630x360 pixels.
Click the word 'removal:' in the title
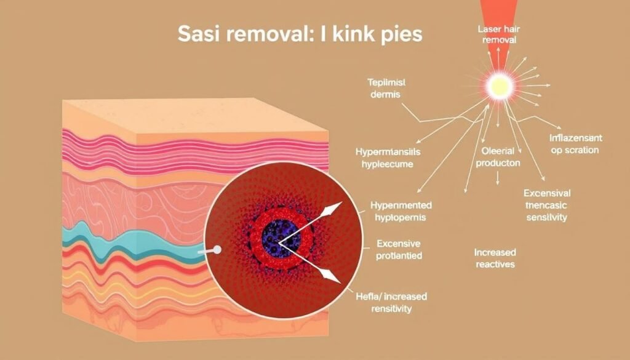tap(265, 34)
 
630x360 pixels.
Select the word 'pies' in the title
tap(401, 34)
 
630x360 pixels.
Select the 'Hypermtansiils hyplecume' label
tap(384, 158)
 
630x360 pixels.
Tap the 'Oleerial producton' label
tap(498, 158)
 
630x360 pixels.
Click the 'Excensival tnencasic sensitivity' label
tap(546, 205)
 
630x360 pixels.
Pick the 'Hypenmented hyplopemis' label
tap(401, 211)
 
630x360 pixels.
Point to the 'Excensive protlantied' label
tap(399, 250)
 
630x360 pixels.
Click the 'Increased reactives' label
tap(495, 258)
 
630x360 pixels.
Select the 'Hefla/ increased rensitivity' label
tap(391, 302)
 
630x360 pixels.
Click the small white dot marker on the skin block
tap(217, 250)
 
